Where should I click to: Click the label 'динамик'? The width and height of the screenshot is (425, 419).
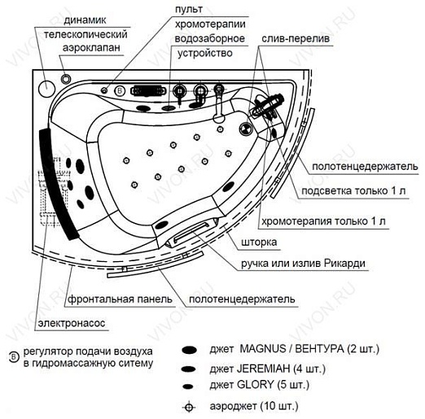pyautogui.click(x=85, y=20)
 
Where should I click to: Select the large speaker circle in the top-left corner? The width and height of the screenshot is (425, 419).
pyautogui.click(x=46, y=89)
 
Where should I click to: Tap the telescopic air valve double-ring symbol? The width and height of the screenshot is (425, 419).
pyautogui.click(x=66, y=79)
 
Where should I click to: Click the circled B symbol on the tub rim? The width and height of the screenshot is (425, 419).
pyautogui.click(x=120, y=90)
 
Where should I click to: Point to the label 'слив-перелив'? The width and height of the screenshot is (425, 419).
pyautogui.click(x=296, y=38)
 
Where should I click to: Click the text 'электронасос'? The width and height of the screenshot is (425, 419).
pyautogui.click(x=72, y=323)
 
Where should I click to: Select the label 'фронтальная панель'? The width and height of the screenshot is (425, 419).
pyautogui.click(x=120, y=299)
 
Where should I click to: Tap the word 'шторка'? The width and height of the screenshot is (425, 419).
pyautogui.click(x=259, y=242)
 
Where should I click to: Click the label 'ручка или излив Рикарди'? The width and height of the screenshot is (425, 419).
pyautogui.click(x=303, y=264)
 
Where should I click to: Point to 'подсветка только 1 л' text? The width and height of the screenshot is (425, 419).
pyautogui.click(x=353, y=190)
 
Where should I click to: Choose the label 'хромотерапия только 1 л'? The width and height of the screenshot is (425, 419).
pyautogui.click(x=323, y=221)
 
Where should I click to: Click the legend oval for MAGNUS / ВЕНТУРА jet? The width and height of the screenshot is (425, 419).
pyautogui.click(x=190, y=350)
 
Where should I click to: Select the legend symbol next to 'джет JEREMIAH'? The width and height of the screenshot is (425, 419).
pyautogui.click(x=189, y=369)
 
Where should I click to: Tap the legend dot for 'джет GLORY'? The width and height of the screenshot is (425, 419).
pyautogui.click(x=188, y=386)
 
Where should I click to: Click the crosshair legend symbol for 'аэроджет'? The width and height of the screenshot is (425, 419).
pyautogui.click(x=189, y=407)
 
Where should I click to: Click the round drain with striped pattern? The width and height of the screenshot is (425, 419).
pyautogui.click(x=246, y=128)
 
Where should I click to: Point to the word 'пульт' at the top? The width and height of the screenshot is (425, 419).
pyautogui.click(x=189, y=10)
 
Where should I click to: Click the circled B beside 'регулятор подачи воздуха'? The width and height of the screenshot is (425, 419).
pyautogui.click(x=14, y=357)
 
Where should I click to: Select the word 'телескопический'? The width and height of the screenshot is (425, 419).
pyautogui.click(x=85, y=35)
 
